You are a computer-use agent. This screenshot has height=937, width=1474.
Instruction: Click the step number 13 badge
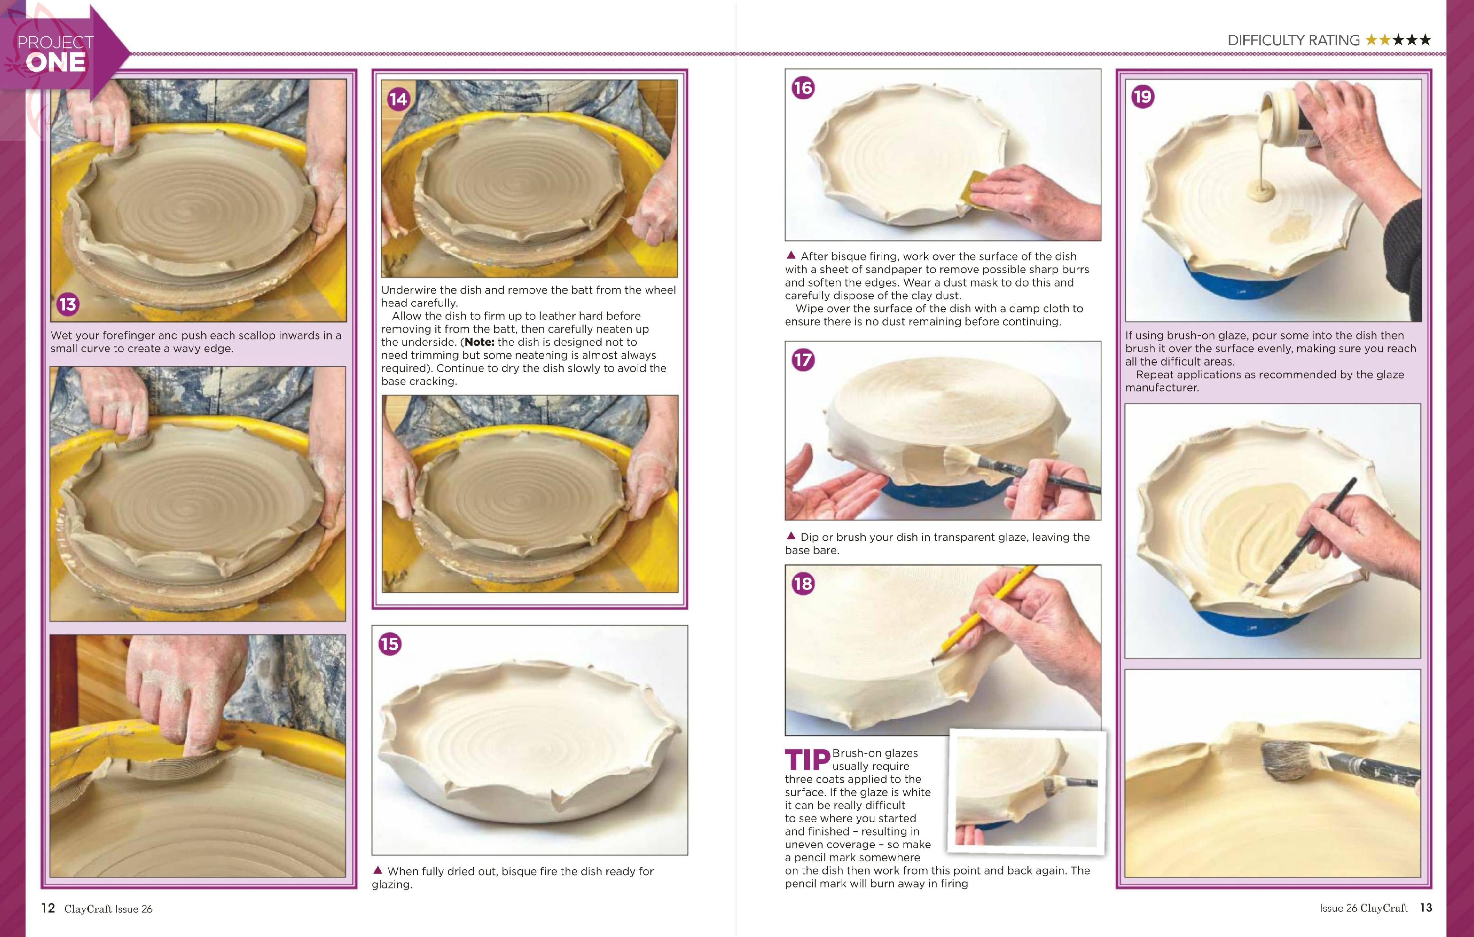point(67,304)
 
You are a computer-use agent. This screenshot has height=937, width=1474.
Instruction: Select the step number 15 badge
point(389,644)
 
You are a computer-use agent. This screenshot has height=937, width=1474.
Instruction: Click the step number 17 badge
point(802,359)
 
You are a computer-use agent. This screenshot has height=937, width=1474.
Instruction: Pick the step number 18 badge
point(802,583)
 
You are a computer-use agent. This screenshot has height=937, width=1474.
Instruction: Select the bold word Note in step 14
point(479,342)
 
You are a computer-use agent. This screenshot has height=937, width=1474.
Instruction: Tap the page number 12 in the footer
point(48,908)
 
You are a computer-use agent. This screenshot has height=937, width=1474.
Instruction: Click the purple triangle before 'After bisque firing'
point(791,255)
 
